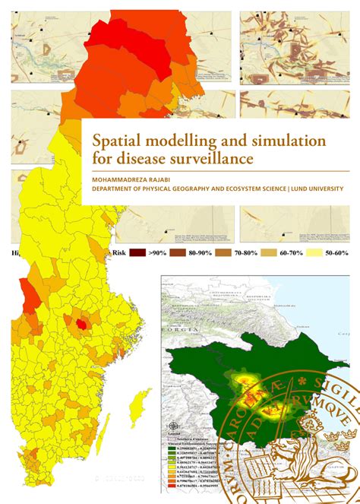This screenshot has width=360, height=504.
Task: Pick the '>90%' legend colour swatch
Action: (137, 252)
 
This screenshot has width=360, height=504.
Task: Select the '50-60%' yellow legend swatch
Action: (313, 252)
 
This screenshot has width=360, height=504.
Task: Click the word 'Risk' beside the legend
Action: (118, 252)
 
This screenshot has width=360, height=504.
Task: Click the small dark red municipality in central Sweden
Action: (79, 323)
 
